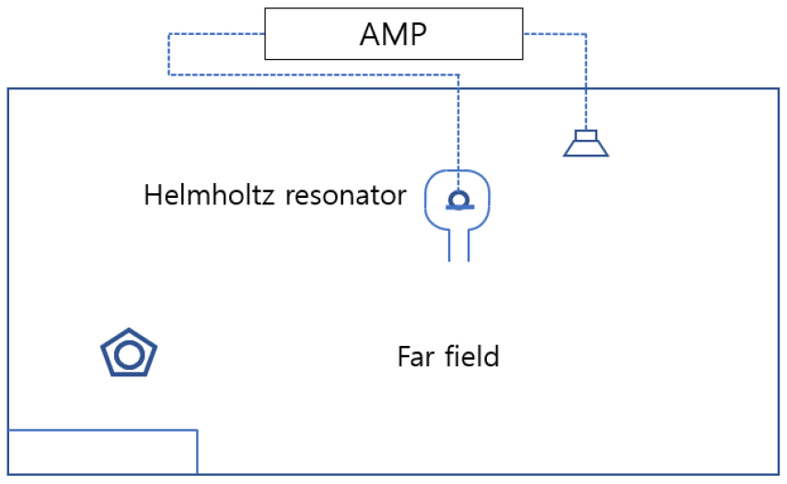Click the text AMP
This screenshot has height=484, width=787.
pos(394,34)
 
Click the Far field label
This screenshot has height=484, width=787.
pos(448,356)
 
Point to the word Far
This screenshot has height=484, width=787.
pos(414,356)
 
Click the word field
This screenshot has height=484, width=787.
pos(469,356)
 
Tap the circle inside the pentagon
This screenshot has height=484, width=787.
pos(128,354)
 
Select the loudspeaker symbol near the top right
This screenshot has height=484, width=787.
pos(586,144)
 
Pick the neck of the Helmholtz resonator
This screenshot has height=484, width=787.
pos(458,245)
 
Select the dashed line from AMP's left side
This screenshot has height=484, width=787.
pos(169,55)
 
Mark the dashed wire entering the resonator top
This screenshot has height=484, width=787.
pos(457,129)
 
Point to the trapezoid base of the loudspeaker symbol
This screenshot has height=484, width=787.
pos(586,149)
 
